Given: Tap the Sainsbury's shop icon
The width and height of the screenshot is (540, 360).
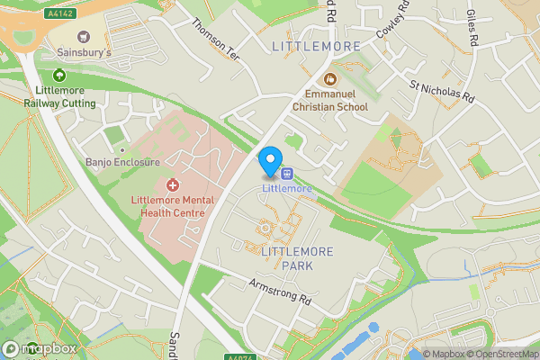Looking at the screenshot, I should click(x=85, y=37).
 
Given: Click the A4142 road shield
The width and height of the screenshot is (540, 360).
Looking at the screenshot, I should click(x=59, y=13).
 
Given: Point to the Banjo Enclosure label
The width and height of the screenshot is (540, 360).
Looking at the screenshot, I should click(x=121, y=162).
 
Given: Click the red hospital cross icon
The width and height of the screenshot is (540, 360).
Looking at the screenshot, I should click(x=172, y=184).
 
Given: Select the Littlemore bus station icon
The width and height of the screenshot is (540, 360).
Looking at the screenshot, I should click(x=287, y=173).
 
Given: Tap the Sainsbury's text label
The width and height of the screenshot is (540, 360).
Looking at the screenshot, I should click(x=85, y=54).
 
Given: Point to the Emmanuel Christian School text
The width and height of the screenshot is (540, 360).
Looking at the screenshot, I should click(x=337, y=100).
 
